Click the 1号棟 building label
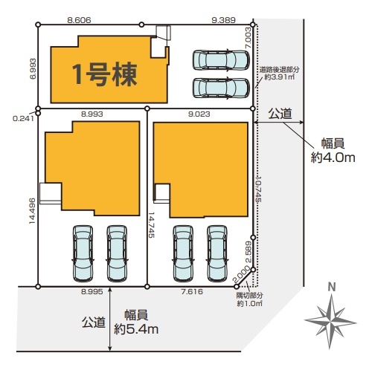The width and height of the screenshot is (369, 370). click(105, 74)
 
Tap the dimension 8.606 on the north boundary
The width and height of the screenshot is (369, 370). click(79, 20)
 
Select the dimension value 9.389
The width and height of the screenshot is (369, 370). click(223, 20)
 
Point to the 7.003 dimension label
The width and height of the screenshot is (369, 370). click(248, 38)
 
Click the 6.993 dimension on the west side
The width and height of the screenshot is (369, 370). click(33, 68)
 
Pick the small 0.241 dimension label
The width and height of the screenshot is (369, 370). click(23, 119)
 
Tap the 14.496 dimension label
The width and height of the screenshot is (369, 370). click(32, 211)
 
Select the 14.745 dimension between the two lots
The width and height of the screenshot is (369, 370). click(151, 225)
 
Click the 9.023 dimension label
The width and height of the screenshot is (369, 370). click(199, 114)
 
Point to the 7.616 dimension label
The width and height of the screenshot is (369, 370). click(192, 292)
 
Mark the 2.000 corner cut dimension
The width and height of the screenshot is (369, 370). click(241, 274)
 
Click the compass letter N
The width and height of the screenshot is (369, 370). click(332, 288)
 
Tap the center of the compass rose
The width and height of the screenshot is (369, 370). click(330, 322)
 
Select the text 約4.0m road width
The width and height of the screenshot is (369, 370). click(333, 158)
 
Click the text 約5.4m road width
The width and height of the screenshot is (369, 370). click(136, 329)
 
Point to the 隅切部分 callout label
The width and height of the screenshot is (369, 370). click(249, 295)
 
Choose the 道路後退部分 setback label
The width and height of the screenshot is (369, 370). click(280, 70)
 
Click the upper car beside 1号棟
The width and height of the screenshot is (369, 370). click(221, 60)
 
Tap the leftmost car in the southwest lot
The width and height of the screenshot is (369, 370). click(83, 253)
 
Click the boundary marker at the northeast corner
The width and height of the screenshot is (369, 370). click(253, 25)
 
